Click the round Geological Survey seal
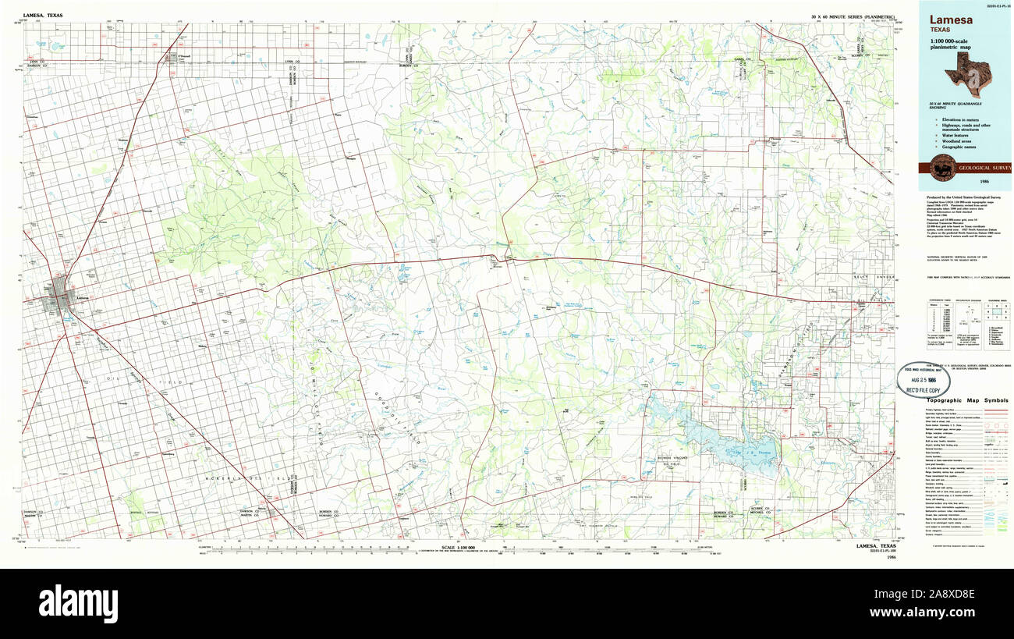(941, 168)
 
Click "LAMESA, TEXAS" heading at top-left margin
(44, 16)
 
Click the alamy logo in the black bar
(78, 602)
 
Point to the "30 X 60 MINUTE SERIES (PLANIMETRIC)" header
(853, 16)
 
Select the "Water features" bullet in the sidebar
(955, 134)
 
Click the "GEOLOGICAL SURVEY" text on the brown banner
(985, 168)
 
